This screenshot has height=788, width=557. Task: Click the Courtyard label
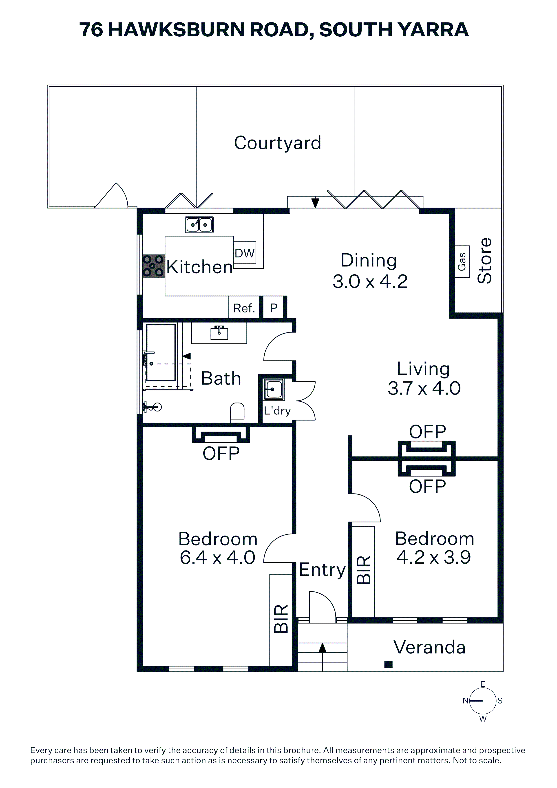277,143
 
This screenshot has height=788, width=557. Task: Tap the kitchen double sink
199,225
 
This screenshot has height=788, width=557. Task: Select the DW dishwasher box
245,253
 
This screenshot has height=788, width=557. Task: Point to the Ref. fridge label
244,308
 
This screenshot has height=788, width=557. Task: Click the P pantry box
274,308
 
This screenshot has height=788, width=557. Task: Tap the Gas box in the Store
462,261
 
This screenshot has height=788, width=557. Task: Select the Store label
485,261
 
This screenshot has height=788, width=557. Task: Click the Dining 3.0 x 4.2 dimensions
370,281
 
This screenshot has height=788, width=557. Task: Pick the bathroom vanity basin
219,333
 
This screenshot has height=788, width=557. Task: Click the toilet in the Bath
237,413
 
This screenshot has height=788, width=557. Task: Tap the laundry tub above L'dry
274,390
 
